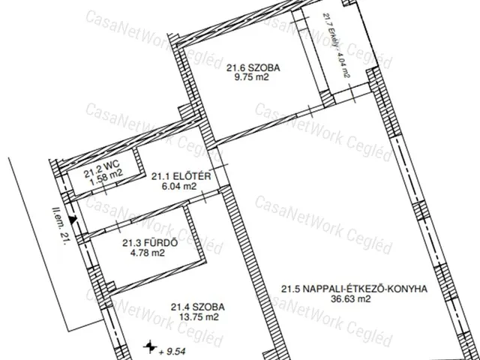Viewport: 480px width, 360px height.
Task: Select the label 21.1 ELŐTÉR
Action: tap(174, 176)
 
